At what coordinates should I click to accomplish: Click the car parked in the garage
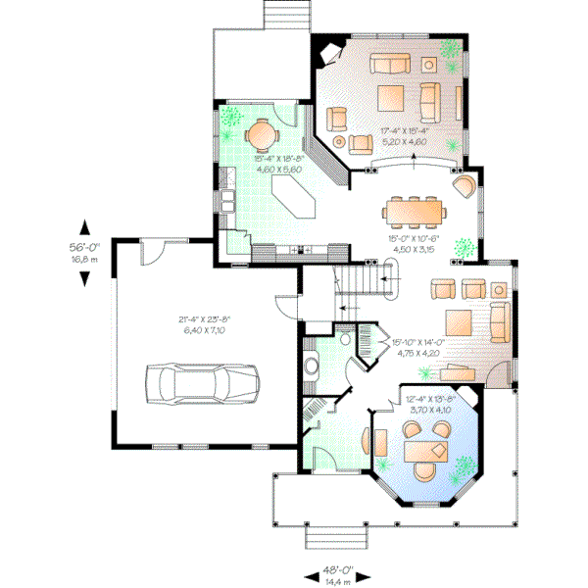(x=204, y=380)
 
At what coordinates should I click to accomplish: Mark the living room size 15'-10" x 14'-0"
(x=418, y=348)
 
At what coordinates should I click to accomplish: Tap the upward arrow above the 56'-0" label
(x=85, y=224)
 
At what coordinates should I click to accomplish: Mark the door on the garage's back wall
(x=153, y=253)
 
